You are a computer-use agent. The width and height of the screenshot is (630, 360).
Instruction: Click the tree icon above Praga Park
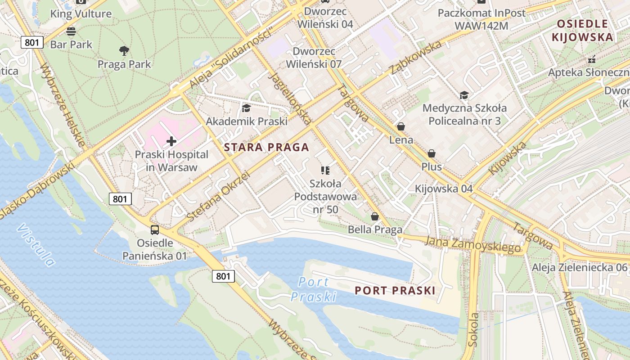click(124, 50)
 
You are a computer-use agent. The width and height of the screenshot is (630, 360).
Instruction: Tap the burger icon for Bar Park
click(71, 31)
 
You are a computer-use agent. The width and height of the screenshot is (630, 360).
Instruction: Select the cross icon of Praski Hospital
click(171, 141)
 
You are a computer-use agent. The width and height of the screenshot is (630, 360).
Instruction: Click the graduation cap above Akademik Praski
click(246, 108)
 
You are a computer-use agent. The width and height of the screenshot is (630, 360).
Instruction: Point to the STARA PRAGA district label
click(266, 147)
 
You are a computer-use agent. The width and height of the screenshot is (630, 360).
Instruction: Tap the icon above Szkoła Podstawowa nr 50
click(325, 170)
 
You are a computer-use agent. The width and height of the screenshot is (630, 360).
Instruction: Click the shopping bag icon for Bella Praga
click(374, 217)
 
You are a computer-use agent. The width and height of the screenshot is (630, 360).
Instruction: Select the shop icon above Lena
click(401, 127)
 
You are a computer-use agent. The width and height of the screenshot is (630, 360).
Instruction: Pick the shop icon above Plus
click(432, 153)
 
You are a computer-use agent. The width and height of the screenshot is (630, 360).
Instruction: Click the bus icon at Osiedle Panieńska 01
click(155, 230)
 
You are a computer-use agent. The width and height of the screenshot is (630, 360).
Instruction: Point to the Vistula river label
click(36, 245)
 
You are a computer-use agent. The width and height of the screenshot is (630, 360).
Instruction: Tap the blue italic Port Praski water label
click(314, 289)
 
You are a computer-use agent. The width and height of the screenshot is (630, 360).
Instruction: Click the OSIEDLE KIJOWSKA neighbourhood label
click(583, 31)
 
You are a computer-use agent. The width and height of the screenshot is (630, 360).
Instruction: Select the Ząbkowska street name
click(416, 58)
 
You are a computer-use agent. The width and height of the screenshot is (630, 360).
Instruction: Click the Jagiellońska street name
click(290, 97)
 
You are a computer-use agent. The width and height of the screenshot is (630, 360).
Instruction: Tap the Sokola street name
click(473, 329)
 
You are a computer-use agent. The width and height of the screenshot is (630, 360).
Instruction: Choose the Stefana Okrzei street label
click(218, 196)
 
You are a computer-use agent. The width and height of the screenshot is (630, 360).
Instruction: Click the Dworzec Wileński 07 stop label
click(317, 58)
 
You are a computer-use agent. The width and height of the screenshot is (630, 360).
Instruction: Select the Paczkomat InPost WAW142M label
click(481, 19)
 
